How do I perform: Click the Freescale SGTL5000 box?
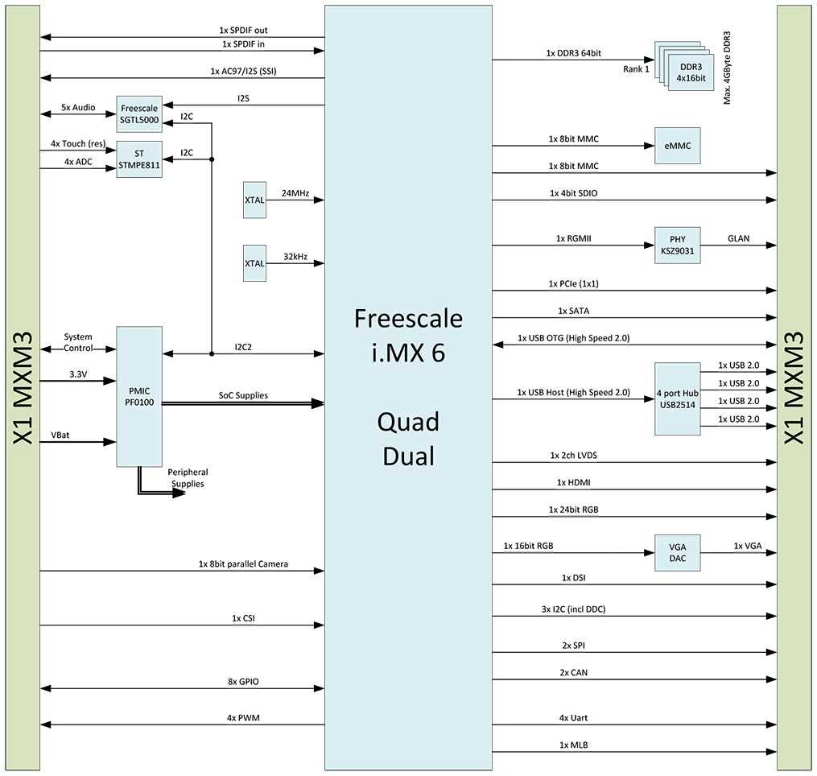139,114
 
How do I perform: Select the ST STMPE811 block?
139,159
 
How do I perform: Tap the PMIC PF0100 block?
139,396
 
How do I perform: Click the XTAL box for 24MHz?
254,200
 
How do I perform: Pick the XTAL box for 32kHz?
254,262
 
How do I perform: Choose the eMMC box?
677,146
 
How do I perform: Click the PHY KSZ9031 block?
677,246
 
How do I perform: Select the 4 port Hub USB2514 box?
677,398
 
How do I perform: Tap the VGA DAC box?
677,553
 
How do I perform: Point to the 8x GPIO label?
243,682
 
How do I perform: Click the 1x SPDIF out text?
244,31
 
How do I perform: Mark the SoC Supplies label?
243,395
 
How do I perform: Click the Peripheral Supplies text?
188,477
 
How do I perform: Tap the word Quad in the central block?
409,422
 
